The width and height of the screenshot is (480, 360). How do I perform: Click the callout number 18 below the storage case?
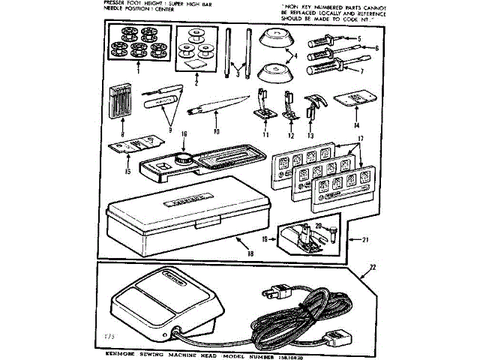(249, 253)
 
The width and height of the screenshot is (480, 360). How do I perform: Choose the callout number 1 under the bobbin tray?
(138, 75)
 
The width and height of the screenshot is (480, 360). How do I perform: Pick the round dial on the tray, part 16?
(182, 158)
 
